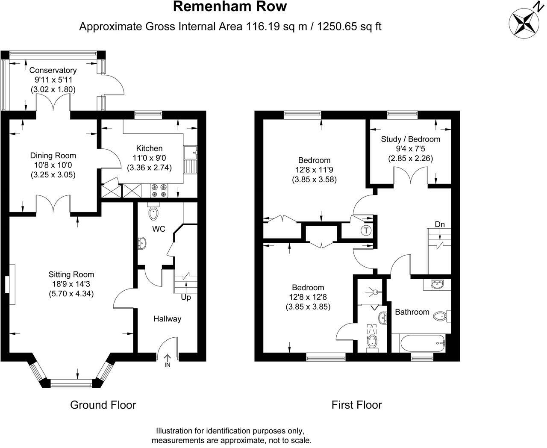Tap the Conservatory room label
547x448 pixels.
pos(53,70)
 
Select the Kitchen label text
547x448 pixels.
pos(149,148)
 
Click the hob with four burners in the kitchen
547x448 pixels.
pos(159,191)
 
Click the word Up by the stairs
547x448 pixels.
pos(186,297)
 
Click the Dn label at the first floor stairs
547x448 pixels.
pos(440,224)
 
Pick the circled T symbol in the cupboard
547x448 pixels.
pos(366,231)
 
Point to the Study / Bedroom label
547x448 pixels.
pos(410,139)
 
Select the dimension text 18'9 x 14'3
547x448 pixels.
pos(71,284)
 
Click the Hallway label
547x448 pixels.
pos(168,318)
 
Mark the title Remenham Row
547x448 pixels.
pos(230,7)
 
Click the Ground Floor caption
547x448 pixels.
pos(103,404)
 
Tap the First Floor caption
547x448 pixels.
pos(356,404)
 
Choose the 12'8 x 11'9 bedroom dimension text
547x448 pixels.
pos(314,170)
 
